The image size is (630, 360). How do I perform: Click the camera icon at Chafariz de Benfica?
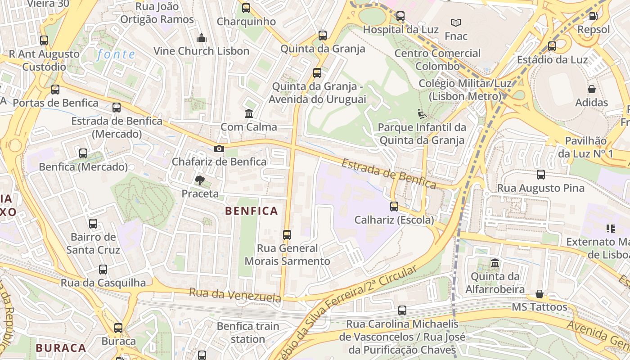click(x=219, y=149)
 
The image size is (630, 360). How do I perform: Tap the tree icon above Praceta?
click(x=199, y=180)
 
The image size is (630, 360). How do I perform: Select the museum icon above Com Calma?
click(x=249, y=113)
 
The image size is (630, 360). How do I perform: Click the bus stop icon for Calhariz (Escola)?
click(x=394, y=207)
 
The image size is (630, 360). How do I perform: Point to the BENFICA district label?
click(x=252, y=211)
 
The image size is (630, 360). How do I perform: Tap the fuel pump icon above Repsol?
click(x=594, y=16)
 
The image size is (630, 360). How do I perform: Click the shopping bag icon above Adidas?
click(x=592, y=89)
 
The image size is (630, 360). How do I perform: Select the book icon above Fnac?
click(x=456, y=22)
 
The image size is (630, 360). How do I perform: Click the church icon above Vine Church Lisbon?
click(x=202, y=38)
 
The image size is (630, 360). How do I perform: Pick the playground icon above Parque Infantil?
click(x=422, y=114)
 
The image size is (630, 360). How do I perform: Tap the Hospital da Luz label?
click(x=400, y=30)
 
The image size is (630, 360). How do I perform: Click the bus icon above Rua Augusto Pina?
click(x=541, y=175)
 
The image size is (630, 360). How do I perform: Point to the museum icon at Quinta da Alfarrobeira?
click(x=495, y=263)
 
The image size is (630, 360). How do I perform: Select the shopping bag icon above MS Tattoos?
click(x=540, y=294)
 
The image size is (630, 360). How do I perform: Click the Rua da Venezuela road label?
click(x=235, y=295)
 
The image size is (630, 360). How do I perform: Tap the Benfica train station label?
click(x=248, y=332)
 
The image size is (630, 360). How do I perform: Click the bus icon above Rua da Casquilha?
click(x=103, y=270)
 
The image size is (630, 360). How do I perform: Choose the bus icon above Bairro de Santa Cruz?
click(x=93, y=224)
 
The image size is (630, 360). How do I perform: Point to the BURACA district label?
click(x=61, y=348)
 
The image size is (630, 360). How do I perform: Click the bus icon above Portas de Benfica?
click(x=55, y=90)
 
